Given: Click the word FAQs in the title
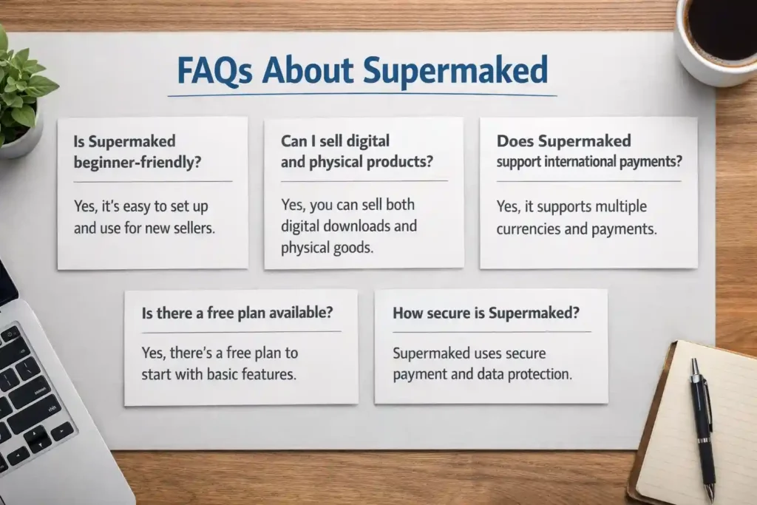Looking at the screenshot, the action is (215, 70).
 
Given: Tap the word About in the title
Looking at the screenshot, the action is (308, 70).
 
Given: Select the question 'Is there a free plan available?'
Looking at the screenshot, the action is (237, 313).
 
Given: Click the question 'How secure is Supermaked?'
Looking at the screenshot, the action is (486, 313).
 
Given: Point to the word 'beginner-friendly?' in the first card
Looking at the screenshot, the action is (137, 162).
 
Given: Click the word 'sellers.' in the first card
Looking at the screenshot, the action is (194, 228).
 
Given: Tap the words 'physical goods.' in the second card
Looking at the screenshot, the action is (327, 248).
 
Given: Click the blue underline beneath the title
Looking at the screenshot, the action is (362, 95).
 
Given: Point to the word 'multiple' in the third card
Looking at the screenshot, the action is (621, 206).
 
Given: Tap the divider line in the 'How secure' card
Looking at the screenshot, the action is (492, 332).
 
